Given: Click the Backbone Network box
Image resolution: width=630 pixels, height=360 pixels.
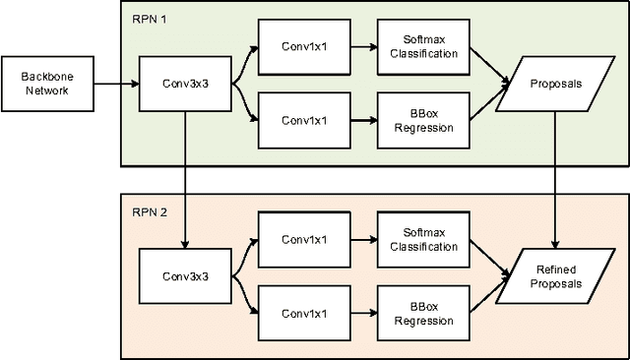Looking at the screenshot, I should [48, 83].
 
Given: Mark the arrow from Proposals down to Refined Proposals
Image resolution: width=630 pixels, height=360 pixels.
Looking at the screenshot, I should [558, 177].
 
